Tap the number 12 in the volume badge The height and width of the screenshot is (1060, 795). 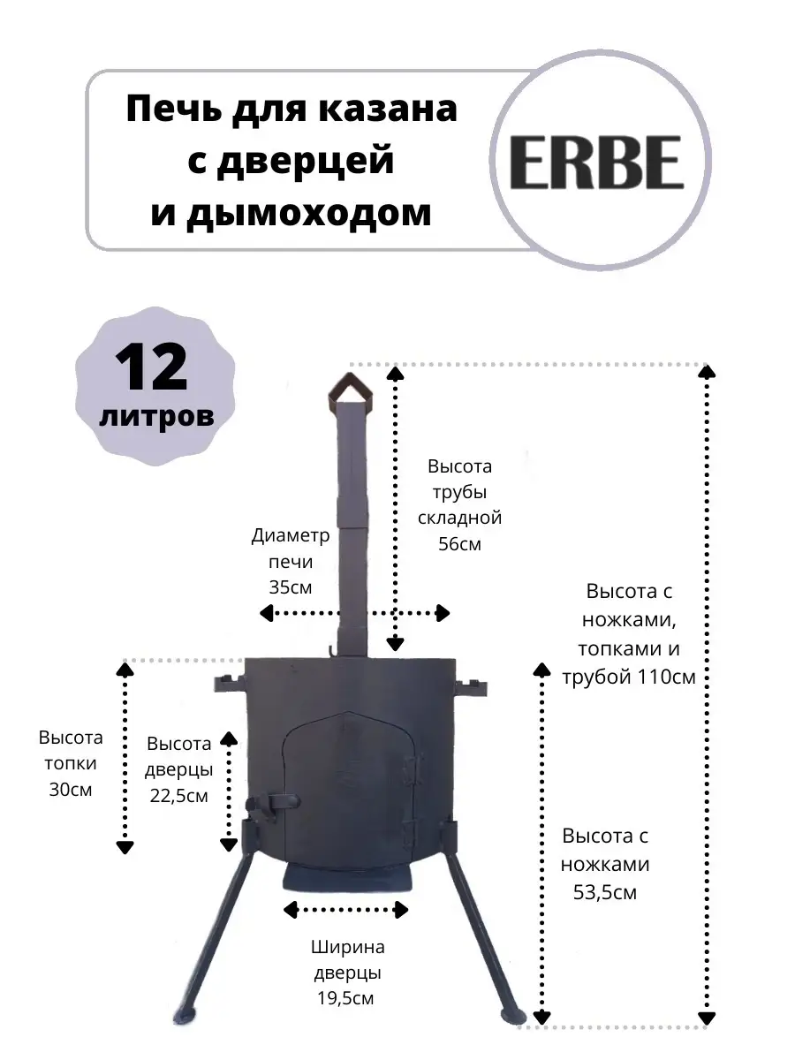pos(151,368)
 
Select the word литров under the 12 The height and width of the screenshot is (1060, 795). pos(156,416)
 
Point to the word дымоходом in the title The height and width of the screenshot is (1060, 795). pos(291,213)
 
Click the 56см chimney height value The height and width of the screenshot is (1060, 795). pos(459,544)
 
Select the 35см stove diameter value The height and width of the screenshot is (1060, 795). pos(290,587)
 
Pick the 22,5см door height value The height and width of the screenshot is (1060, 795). pos(178,795)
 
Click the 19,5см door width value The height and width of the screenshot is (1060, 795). pos(345,997)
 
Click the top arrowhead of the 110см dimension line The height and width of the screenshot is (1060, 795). pos(708,371)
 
